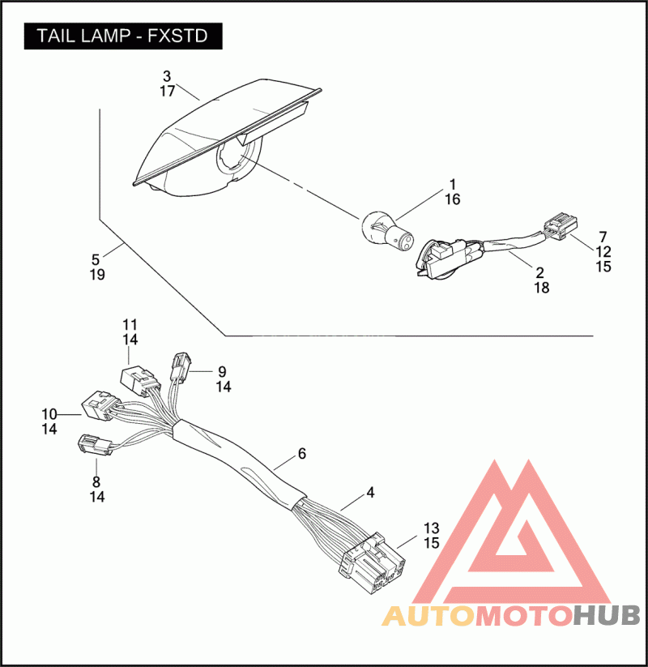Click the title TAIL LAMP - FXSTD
pos(122,36)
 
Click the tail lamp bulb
pos(388,231)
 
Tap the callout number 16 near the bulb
pos(453,199)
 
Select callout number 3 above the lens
pos(167,76)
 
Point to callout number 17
pos(168,91)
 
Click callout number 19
pos(97,275)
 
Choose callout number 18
pos(542,288)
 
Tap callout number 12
pos(603,252)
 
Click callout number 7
pos(603,237)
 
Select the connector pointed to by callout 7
pos(561,226)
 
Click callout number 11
pos(130,325)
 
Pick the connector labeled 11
pos(139,381)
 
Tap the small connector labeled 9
pos(181,366)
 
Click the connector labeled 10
pos(98,405)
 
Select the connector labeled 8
pos(95,444)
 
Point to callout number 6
pos(302,454)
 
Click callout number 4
pos(370,493)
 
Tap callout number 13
pos(431,528)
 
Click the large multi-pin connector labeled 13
pos(371,562)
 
